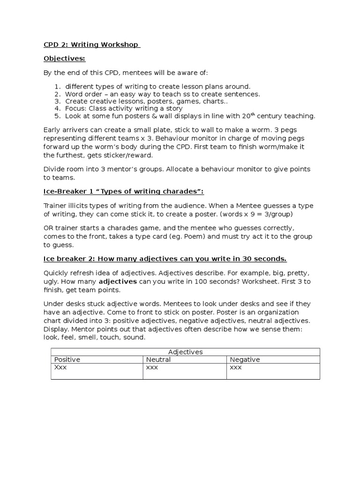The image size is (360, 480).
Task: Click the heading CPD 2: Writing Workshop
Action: coord(91,45)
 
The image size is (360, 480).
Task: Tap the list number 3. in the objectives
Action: coord(58,101)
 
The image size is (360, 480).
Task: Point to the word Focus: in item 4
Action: coord(75,108)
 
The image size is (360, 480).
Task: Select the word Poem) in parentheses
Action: coord(195,237)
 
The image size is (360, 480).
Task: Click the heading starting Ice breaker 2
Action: coord(165,259)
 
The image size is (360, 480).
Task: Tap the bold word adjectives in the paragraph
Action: coord(118,282)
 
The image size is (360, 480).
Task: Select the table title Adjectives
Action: coord(185,352)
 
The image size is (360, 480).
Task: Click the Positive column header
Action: coord(67,360)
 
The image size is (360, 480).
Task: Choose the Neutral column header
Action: coord(158,360)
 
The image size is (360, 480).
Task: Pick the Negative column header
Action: coord(244,360)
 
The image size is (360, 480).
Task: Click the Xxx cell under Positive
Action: coord(61,367)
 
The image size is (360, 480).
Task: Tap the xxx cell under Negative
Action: coord(235,367)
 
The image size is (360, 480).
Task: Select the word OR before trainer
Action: coord(49,229)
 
